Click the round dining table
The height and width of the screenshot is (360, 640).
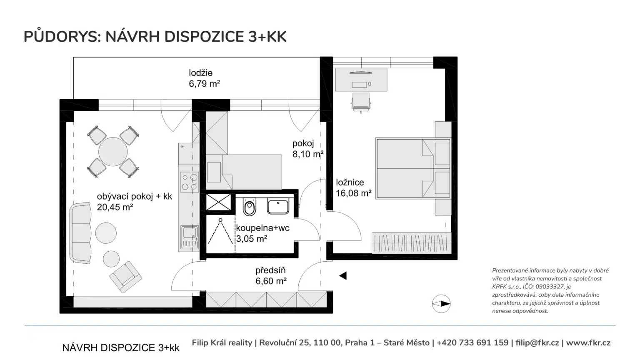(x=113, y=152)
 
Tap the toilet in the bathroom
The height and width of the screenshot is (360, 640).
(x=250, y=206)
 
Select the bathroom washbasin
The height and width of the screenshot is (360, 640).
(x=278, y=207)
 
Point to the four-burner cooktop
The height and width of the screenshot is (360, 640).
(x=189, y=182)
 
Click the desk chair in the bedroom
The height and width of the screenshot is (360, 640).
(x=361, y=102)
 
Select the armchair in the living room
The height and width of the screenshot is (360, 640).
(x=125, y=277)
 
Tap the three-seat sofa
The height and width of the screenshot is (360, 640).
(x=80, y=233)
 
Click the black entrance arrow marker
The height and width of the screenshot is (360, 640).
(x=343, y=276)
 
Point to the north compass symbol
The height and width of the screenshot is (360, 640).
(x=441, y=304)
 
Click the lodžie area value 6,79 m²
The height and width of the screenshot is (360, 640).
(x=204, y=84)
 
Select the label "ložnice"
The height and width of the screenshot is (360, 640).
(x=350, y=182)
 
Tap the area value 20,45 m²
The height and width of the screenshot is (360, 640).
(x=115, y=207)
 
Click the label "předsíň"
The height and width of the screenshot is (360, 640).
(x=270, y=270)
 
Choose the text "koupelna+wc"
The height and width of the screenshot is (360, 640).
(x=262, y=228)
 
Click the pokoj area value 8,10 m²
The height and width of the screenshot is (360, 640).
(x=308, y=154)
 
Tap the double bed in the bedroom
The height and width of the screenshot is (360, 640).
(x=413, y=169)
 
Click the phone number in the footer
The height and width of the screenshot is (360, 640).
(x=472, y=342)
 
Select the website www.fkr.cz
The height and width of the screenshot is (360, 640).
(x=588, y=342)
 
